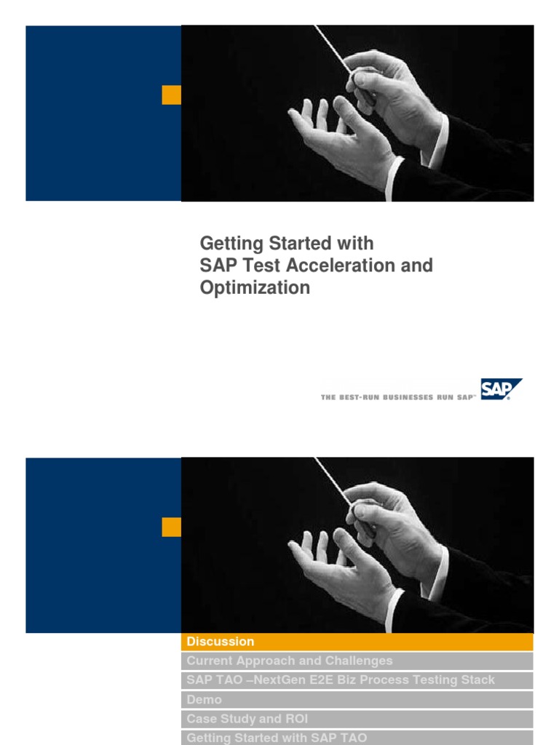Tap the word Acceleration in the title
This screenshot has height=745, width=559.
tap(352, 266)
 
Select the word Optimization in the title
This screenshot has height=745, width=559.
tap(255, 288)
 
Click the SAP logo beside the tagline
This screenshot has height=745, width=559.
tap(500, 389)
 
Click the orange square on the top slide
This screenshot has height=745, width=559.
tap(171, 95)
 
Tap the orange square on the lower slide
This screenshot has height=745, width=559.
tap(171, 527)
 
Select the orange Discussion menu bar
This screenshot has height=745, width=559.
tap(357, 642)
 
